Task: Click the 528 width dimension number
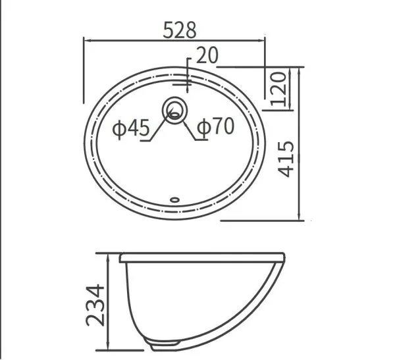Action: tap(180, 30)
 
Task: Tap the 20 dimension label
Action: tap(207, 55)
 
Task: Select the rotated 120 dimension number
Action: tap(278, 89)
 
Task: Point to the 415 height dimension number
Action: tap(286, 159)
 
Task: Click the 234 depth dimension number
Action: tap(95, 305)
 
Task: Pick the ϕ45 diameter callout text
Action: tap(131, 128)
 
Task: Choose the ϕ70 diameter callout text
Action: tap(216, 126)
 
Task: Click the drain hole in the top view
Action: tap(174, 111)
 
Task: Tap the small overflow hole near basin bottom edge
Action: tap(174, 200)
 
